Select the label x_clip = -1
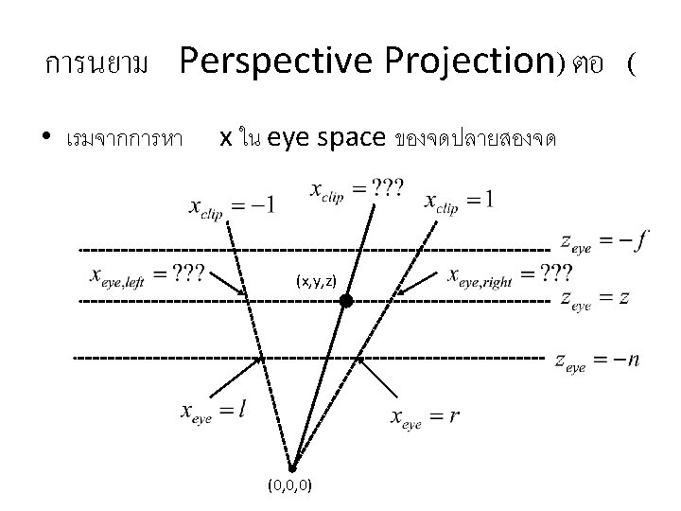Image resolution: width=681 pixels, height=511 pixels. pos(232,207)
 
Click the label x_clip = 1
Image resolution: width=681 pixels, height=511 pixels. pos(459,201)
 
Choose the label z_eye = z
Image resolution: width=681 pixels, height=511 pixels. pos(595,299)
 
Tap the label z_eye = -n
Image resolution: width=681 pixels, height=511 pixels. pos(597,361)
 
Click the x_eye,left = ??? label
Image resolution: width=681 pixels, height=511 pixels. pos(147,275)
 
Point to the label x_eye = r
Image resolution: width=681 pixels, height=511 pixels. pos(425,418)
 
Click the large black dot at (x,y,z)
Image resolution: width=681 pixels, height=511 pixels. pos(346,301)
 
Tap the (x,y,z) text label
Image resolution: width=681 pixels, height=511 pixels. pos(315,281)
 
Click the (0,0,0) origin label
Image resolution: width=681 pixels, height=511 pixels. pos(291,486)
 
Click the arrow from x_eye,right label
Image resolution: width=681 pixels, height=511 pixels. pos(416,283)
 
